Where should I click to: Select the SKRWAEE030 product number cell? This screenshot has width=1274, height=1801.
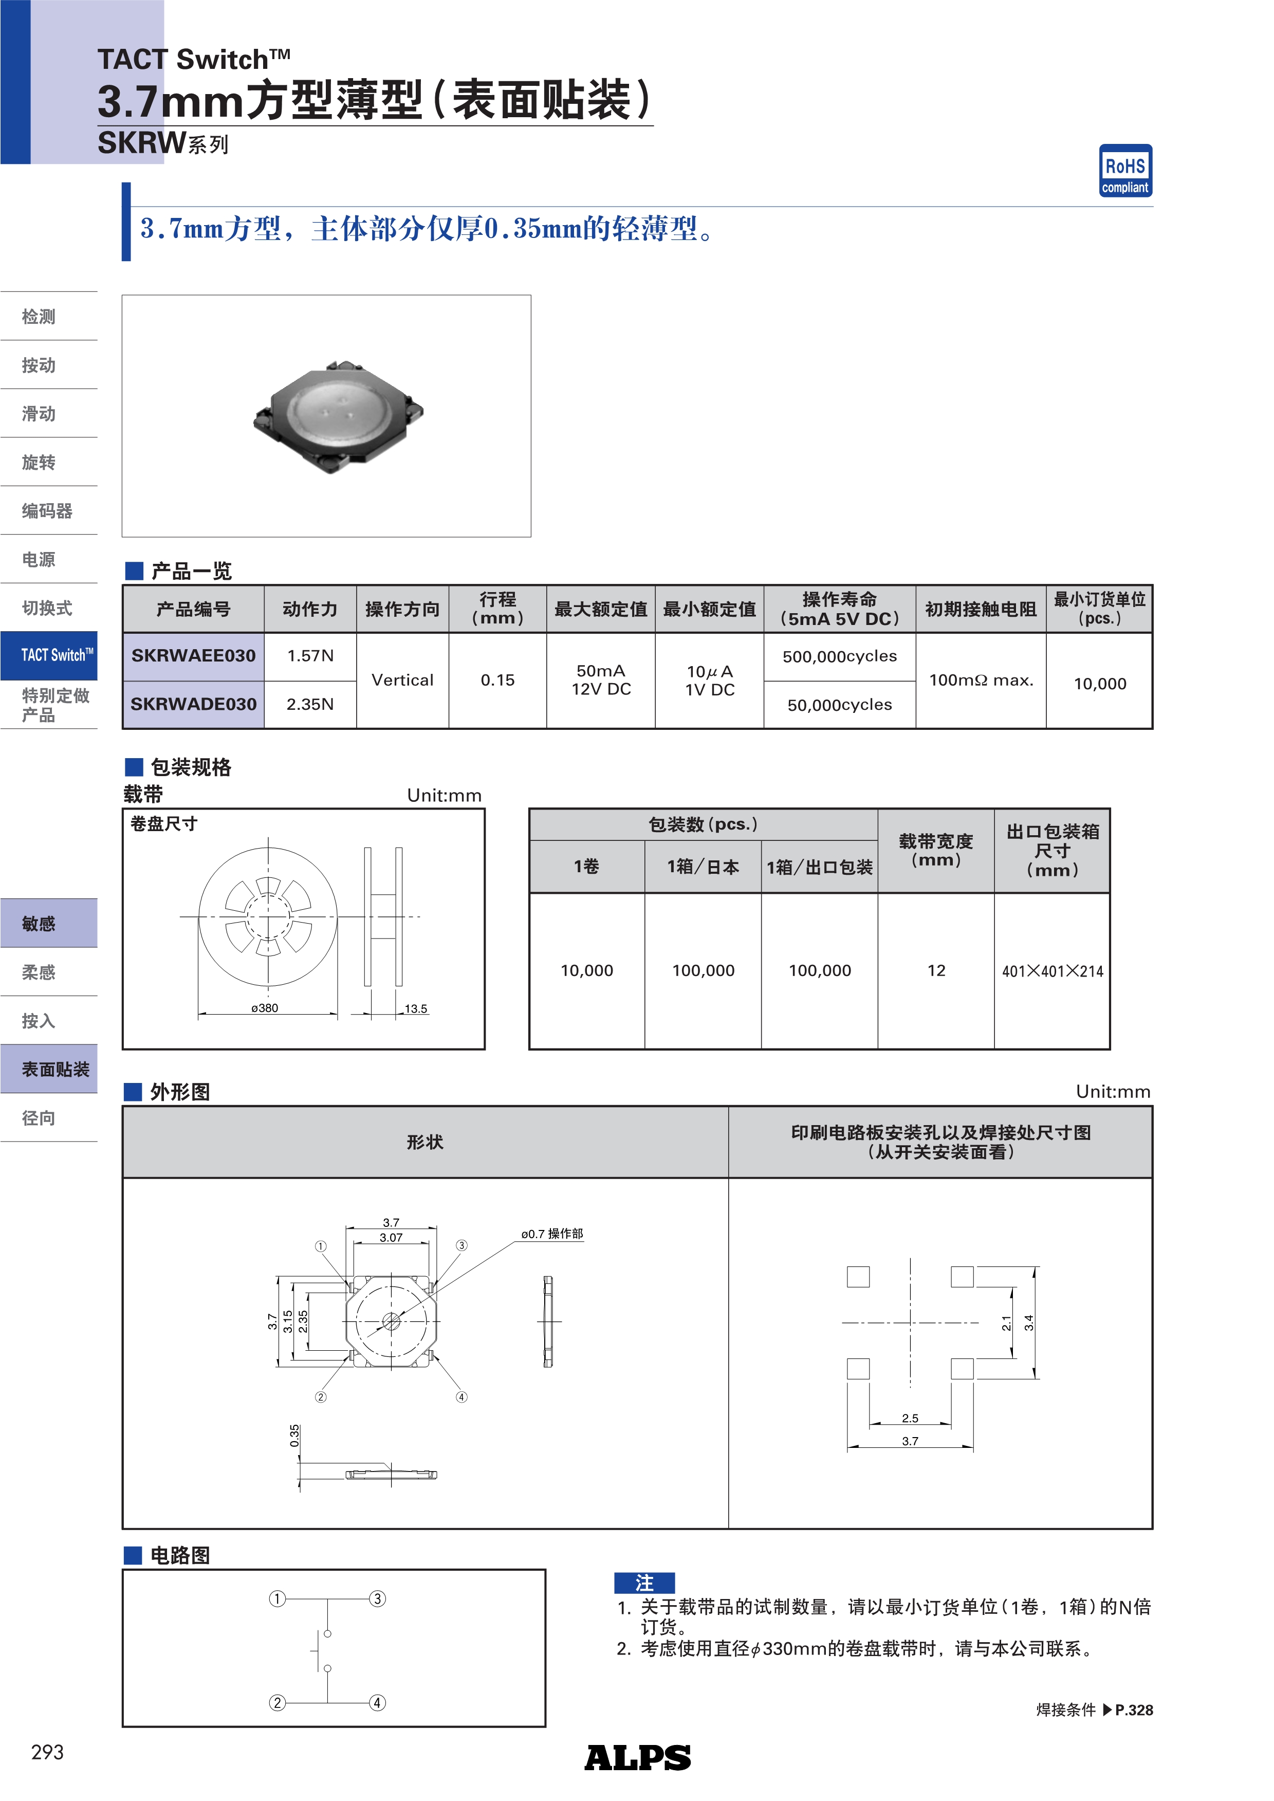tap(194, 656)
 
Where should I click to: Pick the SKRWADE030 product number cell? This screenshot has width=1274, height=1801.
tap(194, 704)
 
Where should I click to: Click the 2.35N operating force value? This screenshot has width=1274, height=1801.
tap(310, 704)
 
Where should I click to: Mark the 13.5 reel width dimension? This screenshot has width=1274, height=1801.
tap(416, 1009)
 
